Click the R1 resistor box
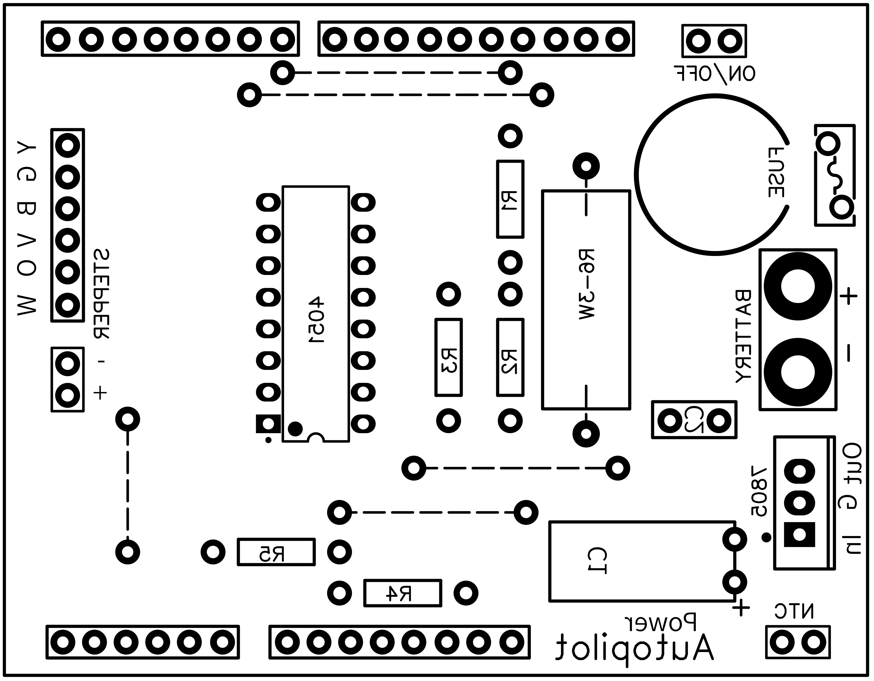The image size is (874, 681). point(510,199)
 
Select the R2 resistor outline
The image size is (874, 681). point(510,358)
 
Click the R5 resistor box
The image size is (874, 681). point(276,552)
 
